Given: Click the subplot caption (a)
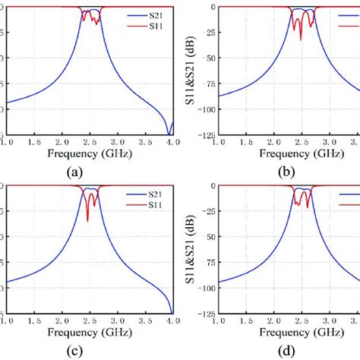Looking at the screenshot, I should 74,172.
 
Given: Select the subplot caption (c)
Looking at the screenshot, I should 74,351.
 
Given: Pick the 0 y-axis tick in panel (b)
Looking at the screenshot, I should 215,7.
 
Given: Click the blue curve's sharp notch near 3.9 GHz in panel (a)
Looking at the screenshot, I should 169,134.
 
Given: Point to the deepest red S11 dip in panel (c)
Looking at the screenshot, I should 87,220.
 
